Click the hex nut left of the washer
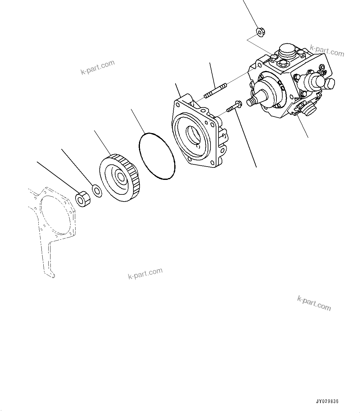pos(83,199)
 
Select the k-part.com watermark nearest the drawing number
pos(314,303)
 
